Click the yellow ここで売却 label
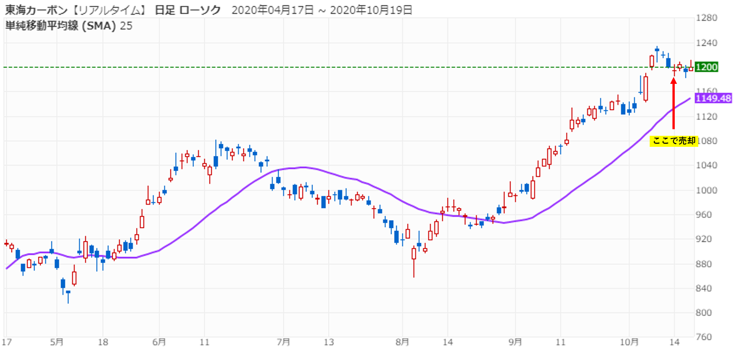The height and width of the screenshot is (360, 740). point(674,141)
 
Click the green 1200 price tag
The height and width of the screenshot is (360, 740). point(707,67)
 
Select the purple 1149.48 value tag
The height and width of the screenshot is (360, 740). point(713,98)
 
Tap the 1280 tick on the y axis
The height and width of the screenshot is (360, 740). point(706,18)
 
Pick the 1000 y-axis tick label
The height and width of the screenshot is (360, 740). point(706,190)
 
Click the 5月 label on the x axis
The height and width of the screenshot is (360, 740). point(57,342)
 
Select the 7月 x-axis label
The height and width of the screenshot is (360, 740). point(283,342)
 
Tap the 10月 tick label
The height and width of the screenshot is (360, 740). point(629,342)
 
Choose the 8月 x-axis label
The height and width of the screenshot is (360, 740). point(402,342)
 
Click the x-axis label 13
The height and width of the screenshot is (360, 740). point(329,342)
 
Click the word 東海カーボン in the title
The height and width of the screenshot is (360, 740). point(36,10)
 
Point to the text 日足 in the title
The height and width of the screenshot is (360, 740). point(165,10)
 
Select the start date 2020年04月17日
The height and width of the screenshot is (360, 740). point(272,10)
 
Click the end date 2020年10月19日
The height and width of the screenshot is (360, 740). point(371,10)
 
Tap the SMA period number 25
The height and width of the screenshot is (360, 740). point(126,26)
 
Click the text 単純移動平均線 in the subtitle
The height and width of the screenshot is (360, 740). point(42,26)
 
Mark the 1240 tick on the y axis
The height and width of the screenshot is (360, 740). point(706,43)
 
